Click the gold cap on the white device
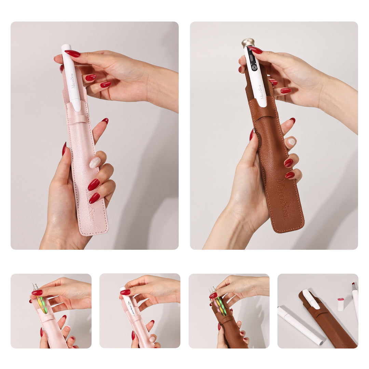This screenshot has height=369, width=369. tap(248, 43)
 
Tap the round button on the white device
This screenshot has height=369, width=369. tap(254, 67)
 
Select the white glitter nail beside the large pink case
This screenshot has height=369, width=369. tap(95, 162)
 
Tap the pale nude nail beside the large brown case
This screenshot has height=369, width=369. tap(291, 141)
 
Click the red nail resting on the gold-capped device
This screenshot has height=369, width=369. tap(256, 50)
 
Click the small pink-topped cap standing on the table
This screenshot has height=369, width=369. tap(341, 304)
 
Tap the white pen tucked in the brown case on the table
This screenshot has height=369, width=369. tap(311, 299)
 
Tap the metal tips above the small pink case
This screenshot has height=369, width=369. tap(35, 287)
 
